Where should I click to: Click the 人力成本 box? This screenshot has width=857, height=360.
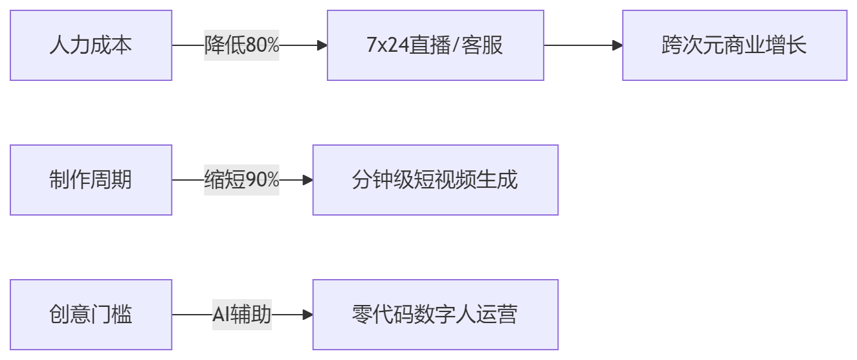tap(91, 45)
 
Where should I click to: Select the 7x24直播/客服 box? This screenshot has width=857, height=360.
tap(435, 45)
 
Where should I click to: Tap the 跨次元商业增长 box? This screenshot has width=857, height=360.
tap(734, 45)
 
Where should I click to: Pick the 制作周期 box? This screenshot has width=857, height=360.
tap(91, 180)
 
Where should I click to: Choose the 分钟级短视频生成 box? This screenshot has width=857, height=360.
tap(435, 180)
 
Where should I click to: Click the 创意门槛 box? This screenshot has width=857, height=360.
tap(91, 315)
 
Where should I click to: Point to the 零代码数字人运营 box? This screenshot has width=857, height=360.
tap(435, 315)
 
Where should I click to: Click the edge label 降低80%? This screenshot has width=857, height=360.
tap(241, 45)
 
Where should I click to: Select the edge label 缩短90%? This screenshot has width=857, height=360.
tap(241, 180)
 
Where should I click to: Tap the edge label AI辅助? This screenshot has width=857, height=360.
tap(241, 315)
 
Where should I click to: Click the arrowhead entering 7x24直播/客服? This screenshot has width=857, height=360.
tap(322, 45)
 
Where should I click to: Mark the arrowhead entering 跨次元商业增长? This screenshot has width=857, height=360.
tap(618, 45)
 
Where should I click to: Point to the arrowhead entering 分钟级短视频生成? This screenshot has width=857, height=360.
tap(307, 180)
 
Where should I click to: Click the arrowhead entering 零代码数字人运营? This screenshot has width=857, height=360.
tap(307, 315)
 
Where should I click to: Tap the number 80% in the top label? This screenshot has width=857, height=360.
tap(262, 45)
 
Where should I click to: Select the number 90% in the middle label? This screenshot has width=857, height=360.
tap(262, 180)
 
